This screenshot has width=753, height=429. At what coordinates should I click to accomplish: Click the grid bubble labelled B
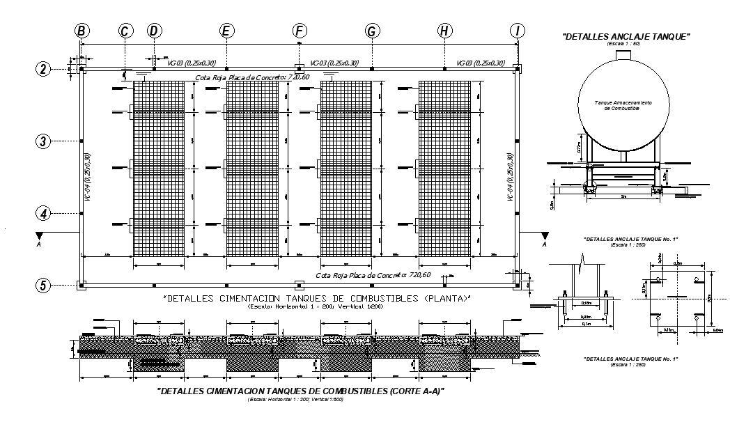pos(81,31)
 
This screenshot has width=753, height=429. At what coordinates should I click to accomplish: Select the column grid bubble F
pos(299,31)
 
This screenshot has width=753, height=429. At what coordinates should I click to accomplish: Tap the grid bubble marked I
pos(517,31)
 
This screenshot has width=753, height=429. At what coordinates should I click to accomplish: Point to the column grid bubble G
pos(372,31)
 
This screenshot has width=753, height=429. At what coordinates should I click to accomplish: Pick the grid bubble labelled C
pos(125,31)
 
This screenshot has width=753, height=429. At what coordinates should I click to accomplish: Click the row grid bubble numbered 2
pos(43,69)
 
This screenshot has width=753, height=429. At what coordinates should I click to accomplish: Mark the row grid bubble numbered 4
pos(43,213)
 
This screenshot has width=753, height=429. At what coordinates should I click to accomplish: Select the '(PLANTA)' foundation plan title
pos(317,299)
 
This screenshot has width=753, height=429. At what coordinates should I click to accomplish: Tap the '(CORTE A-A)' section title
pos(300,391)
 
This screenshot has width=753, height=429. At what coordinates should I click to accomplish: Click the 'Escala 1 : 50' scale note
pos(625,43)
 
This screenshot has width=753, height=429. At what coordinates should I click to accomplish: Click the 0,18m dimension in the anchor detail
pos(586,303)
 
